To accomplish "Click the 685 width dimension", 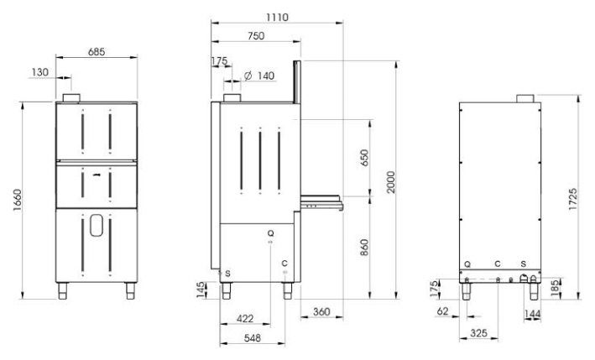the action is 97,51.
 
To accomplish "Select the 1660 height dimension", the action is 18,201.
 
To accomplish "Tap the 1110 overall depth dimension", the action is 277,17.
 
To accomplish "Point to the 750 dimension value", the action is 256,35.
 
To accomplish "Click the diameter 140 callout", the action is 259,76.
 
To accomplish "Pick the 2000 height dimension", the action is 391,182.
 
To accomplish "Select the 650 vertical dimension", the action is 364,158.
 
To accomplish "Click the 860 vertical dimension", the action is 364,248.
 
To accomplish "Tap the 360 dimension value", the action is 321,312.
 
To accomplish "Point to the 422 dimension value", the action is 245,318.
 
